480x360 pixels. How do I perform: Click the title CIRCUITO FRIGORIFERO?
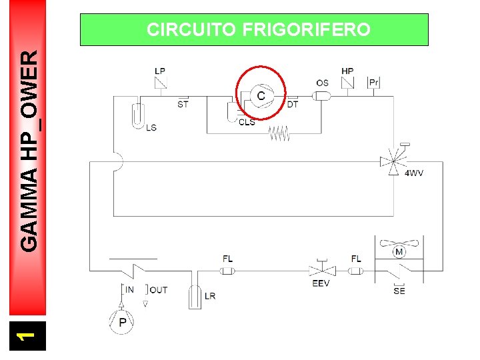coord(258,30)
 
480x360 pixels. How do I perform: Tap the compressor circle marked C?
coord(261,96)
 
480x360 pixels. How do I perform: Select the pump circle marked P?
coord(123,322)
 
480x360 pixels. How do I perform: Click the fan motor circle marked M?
coord(399,251)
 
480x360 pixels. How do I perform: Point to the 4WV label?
coord(414,173)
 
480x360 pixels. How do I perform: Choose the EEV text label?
coord(321,283)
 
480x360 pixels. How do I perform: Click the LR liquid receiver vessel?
coord(195,295)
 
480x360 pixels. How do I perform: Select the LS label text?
coord(151,127)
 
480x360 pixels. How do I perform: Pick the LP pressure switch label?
coord(160,71)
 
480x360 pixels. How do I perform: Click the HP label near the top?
coord(347,71)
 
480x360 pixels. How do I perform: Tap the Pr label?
coord(374,83)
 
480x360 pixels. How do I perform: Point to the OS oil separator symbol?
coord(322,96)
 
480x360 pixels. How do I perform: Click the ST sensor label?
coord(183,104)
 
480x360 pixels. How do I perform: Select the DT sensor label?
coord(293,104)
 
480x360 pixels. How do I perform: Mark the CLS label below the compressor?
coord(247,122)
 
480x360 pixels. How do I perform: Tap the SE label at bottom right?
coord(399,291)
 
